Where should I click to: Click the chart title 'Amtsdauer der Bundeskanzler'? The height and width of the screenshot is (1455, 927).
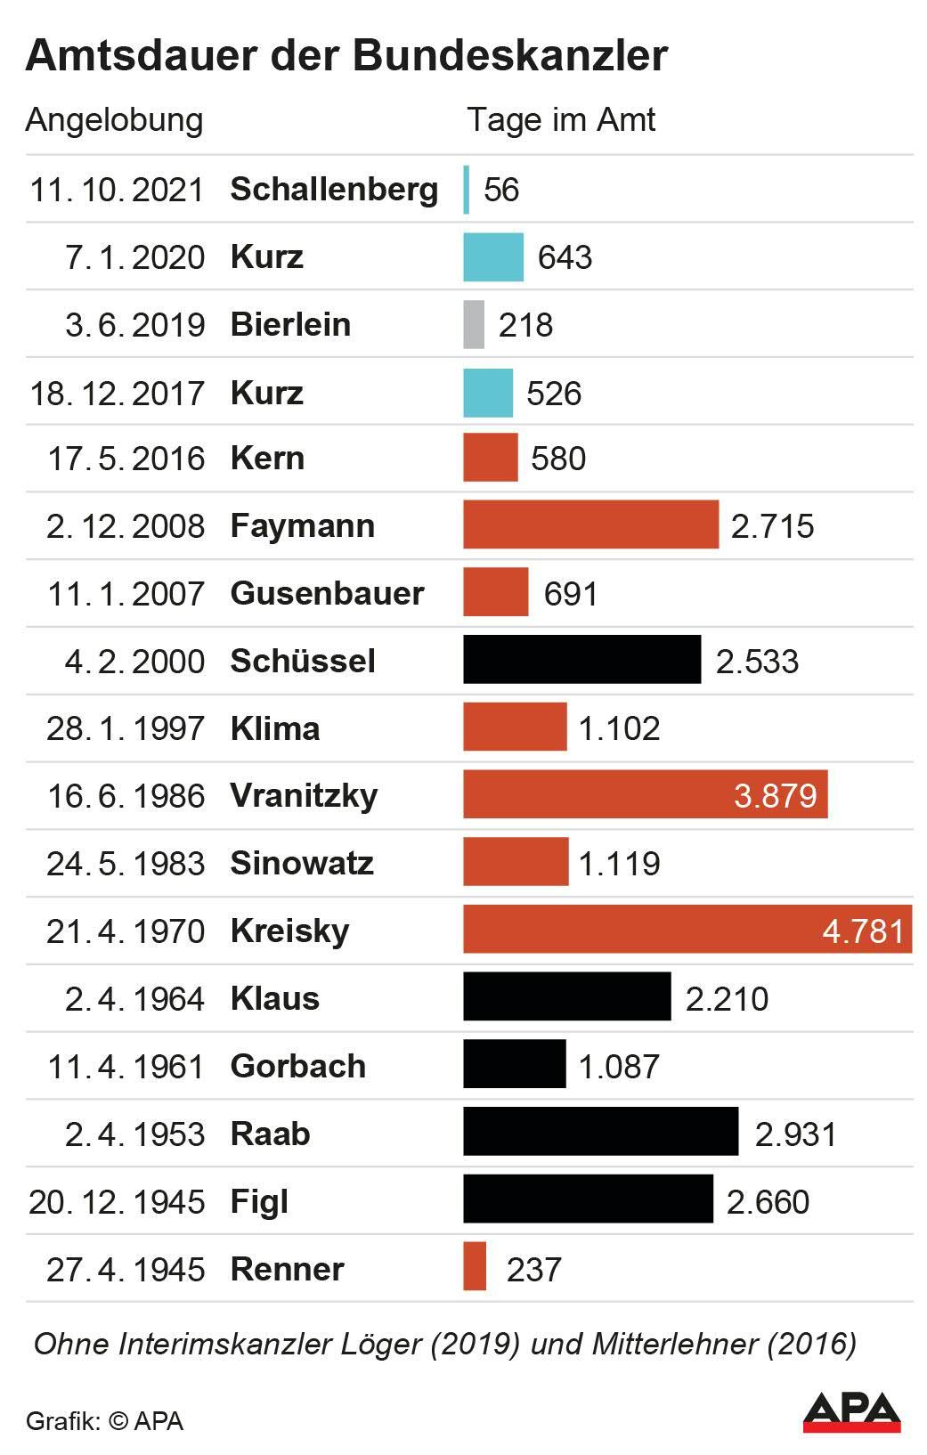click(x=346, y=55)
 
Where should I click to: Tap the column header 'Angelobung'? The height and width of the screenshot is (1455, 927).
click(x=114, y=119)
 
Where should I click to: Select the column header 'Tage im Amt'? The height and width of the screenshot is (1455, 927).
click(x=561, y=119)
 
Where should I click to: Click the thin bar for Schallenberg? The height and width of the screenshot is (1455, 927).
click(x=466, y=189)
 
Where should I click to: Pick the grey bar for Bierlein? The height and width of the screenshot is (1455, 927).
click(x=474, y=324)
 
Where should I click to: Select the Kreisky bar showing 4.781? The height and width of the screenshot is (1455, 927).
click(x=686, y=930)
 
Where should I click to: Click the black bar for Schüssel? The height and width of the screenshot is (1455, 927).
click(x=581, y=660)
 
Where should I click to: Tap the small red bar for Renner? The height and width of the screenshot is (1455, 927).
click(x=475, y=1266)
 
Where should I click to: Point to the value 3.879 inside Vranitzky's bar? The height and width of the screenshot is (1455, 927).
click(x=775, y=795)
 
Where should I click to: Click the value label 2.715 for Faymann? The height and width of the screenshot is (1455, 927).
click(x=772, y=525)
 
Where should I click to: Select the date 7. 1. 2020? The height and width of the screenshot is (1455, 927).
click(x=134, y=256)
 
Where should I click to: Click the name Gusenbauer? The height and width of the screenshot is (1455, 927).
click(x=327, y=593)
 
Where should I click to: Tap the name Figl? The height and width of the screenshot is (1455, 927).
click(x=259, y=1201)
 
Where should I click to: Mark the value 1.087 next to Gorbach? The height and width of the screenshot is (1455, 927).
click(x=619, y=1066)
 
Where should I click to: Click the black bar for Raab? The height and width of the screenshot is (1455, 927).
click(x=600, y=1132)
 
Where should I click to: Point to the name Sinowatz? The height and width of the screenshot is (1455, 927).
click(x=302, y=863)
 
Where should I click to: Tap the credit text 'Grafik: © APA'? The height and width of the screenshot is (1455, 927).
click(x=104, y=1421)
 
